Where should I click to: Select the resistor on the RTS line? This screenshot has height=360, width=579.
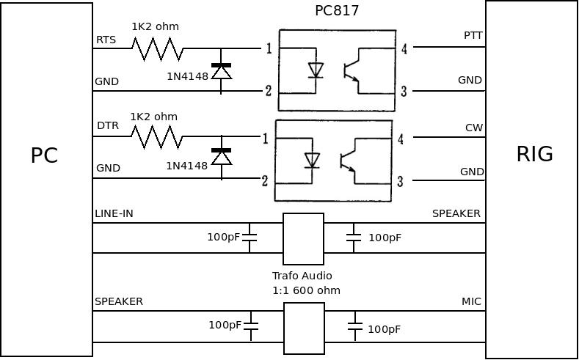coord(157,49)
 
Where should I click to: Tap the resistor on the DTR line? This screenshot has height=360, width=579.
coord(156,137)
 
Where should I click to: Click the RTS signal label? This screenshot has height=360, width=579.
coord(106,40)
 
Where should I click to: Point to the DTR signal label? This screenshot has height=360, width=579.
coord(107,126)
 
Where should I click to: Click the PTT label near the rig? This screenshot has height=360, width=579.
coord(473,35)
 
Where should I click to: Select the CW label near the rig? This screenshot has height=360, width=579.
coord(474,128)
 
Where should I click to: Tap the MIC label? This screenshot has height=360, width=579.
coord(471,301)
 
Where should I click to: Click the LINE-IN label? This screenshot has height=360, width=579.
coord(114,213)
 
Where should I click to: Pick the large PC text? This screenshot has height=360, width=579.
coord(44,155)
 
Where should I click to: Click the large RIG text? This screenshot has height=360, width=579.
coord(534,154)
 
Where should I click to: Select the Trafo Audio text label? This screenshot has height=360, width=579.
coord(302,276)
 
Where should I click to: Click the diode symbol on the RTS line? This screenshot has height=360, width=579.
coord(221,71)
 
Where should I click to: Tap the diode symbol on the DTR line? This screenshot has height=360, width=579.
coord(221,156)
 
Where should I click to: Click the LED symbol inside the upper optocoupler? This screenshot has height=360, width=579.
coord(316,70)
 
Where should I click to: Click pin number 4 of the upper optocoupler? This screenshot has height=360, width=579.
coord(404,49)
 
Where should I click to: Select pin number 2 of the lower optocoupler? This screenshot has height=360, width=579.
coord(265,180)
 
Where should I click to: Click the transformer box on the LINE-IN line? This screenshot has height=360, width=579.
coord(303,238)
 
